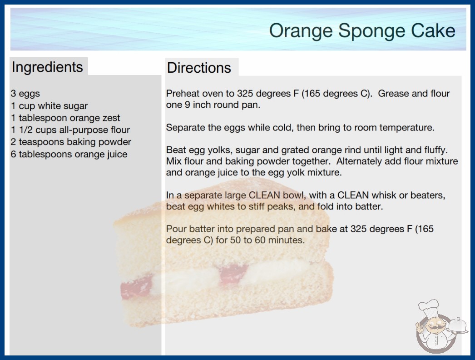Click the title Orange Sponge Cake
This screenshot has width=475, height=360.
362,30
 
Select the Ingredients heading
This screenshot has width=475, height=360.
47,67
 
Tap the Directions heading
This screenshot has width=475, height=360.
199,68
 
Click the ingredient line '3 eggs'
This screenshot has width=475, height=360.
25,94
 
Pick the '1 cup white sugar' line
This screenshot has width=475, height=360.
49,106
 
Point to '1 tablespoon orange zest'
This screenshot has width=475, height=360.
65,118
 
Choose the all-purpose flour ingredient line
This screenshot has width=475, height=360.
70,130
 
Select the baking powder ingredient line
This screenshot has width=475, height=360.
71,142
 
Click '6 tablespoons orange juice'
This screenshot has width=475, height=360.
69,154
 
